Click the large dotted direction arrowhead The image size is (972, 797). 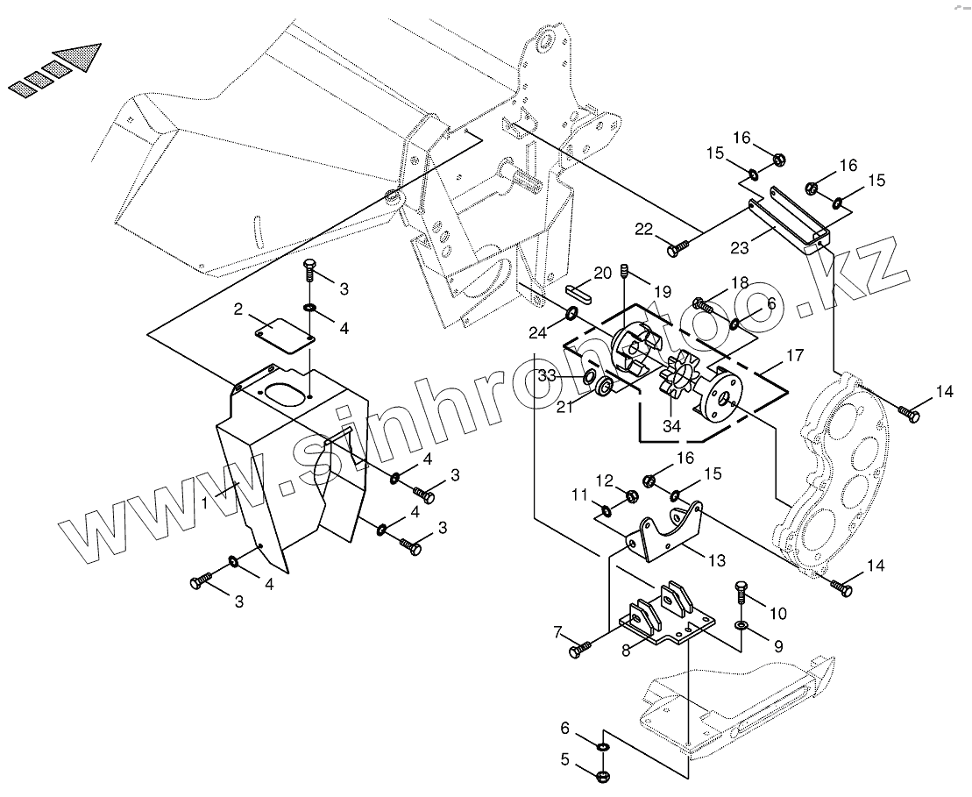click(x=78, y=59)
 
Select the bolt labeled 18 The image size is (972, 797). click(x=701, y=304)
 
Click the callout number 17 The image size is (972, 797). click(x=794, y=356)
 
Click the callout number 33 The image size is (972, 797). click(x=547, y=375)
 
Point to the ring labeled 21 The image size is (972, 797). click(x=605, y=387)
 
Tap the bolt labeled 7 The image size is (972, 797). click(x=579, y=650)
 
